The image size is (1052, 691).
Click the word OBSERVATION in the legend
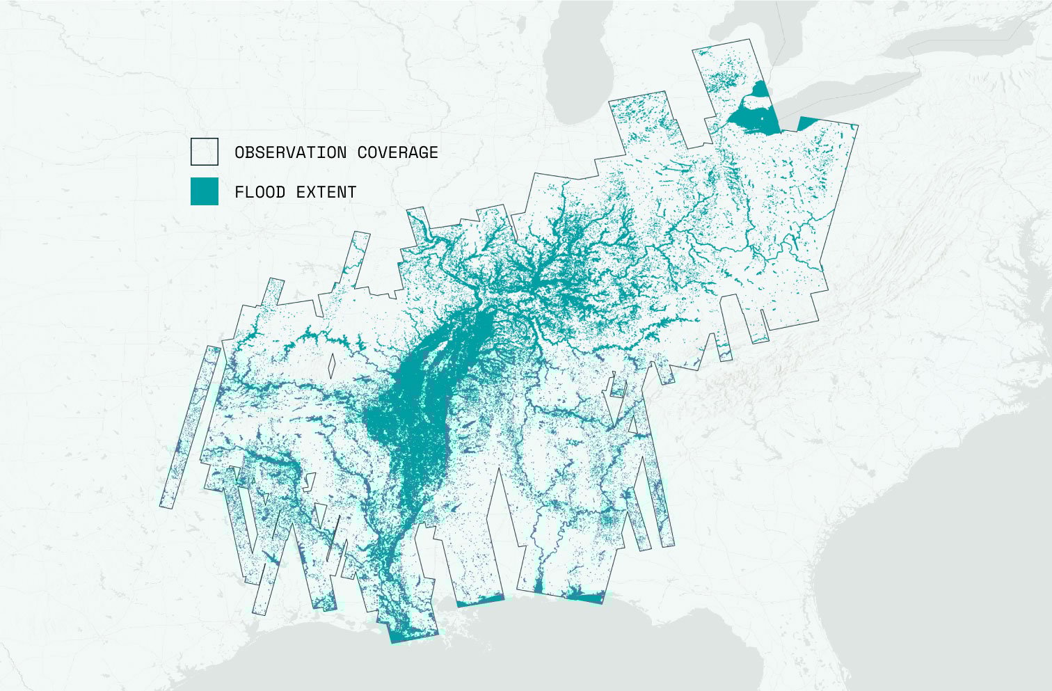click(x=290, y=152)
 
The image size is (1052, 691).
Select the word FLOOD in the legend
click(x=260, y=192)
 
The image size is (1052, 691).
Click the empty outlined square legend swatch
click(x=204, y=152)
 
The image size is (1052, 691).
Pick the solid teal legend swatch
click(x=204, y=191)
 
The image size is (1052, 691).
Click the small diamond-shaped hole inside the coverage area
click(x=332, y=365)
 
